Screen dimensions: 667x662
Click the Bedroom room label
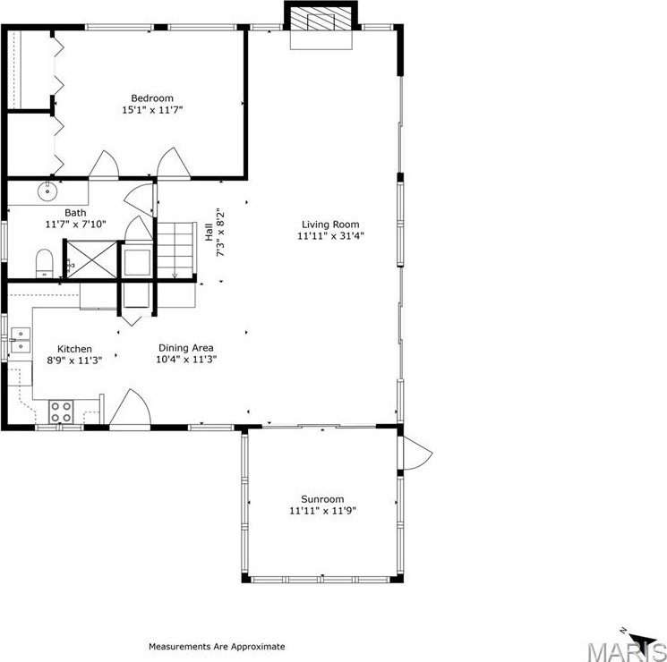coord(152,98)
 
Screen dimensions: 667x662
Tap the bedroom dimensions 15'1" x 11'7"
coord(152,110)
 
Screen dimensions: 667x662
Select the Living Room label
coord(330,225)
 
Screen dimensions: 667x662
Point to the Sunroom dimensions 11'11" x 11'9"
coord(322,511)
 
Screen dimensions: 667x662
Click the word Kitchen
coord(74,349)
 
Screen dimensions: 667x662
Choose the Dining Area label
coord(186,348)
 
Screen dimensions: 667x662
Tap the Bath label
coord(75,212)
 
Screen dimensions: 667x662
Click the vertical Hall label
coord(209,232)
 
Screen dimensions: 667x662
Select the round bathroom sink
coord(47,191)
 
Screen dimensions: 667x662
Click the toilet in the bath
coord(44,264)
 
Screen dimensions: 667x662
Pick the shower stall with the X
coord(92,259)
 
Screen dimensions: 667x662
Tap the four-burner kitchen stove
coord(61,412)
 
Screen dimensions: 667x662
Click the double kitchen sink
coord(21,341)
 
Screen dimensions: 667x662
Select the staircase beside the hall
coord(176,250)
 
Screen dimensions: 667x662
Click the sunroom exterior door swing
coord(417,453)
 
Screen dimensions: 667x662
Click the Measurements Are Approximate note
coord(217,647)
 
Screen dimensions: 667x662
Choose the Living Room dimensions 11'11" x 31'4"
coord(330,236)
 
